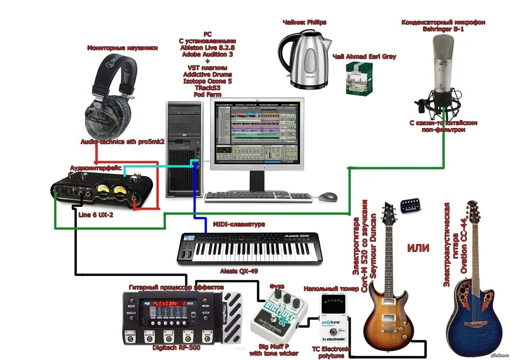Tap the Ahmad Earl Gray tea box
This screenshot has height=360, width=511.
pos(359,79)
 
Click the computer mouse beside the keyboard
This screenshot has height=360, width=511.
pos(328,196)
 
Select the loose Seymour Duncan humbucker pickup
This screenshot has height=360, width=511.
pos(412,205)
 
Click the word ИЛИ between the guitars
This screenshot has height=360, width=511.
pos(418,248)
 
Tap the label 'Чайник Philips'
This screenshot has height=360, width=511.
pos(304,22)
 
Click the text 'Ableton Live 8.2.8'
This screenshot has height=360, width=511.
pos(207,47)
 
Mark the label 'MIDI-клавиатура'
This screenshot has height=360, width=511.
pos(239,224)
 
